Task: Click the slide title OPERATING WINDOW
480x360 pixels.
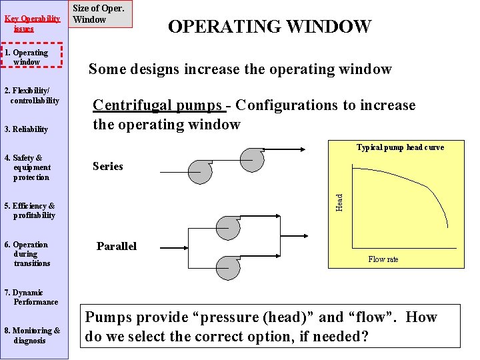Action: click(x=269, y=27)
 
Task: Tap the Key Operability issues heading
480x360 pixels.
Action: click(x=29, y=24)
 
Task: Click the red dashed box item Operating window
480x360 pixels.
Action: click(x=31, y=57)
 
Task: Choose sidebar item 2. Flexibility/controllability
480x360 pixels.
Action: click(x=32, y=96)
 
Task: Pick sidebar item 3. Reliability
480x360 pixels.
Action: click(x=27, y=129)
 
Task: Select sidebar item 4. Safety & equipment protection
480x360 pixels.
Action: click(x=29, y=168)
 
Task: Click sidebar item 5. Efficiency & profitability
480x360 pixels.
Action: click(x=31, y=211)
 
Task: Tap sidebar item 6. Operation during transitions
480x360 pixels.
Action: click(x=28, y=254)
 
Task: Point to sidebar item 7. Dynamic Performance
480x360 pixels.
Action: click(x=32, y=297)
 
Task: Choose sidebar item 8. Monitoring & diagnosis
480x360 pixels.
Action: click(x=32, y=335)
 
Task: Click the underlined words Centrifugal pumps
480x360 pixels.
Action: click(x=157, y=105)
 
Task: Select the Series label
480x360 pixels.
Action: click(x=107, y=167)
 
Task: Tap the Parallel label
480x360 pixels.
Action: click(x=116, y=247)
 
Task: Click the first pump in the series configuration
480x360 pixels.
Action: click(x=199, y=170)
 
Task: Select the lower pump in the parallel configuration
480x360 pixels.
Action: click(x=229, y=267)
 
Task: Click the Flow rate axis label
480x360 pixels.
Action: click(x=383, y=259)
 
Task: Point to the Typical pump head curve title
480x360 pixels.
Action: click(x=400, y=147)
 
